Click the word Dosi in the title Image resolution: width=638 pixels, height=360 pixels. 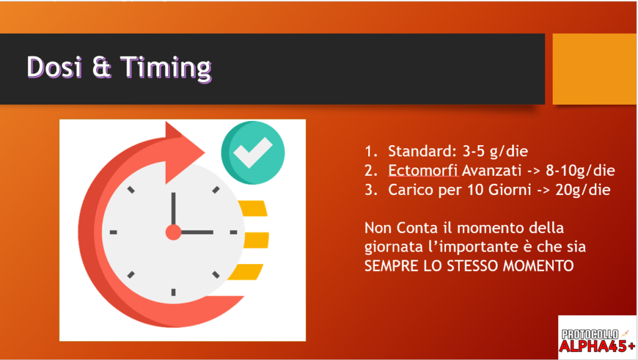(x=55, y=66)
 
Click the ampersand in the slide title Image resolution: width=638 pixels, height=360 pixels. (x=102, y=67)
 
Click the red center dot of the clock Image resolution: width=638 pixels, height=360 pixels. (x=173, y=232)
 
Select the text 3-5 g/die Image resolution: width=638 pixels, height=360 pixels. (x=495, y=152)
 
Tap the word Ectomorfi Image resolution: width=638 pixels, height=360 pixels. (x=423, y=170)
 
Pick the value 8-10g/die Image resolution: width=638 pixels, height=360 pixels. (x=580, y=171)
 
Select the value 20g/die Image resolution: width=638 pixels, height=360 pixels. (x=583, y=190)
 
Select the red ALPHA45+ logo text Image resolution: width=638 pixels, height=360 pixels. (x=597, y=346)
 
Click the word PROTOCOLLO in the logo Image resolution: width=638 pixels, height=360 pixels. (x=590, y=334)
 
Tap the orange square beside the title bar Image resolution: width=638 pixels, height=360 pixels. (x=594, y=69)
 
